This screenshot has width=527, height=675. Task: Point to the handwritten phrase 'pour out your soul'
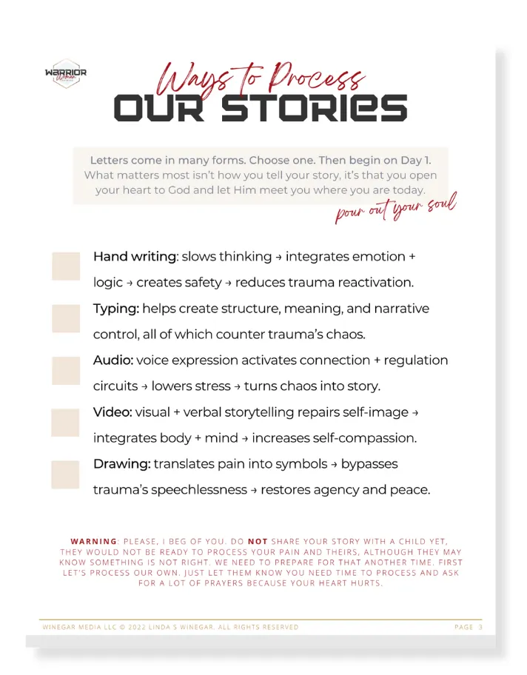(x=395, y=206)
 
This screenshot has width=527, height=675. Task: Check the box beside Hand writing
(x=66, y=266)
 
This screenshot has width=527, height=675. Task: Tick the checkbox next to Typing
(x=66, y=318)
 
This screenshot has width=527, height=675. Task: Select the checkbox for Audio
(x=66, y=370)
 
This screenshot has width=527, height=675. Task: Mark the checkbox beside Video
(x=66, y=422)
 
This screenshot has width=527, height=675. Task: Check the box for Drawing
(x=66, y=474)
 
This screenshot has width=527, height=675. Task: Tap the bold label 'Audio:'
(x=113, y=360)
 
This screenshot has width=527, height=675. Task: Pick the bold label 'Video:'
(x=113, y=412)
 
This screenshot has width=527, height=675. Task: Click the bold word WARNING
(x=94, y=541)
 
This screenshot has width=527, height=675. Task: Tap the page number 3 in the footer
(x=480, y=627)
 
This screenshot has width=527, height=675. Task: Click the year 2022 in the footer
(x=138, y=627)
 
